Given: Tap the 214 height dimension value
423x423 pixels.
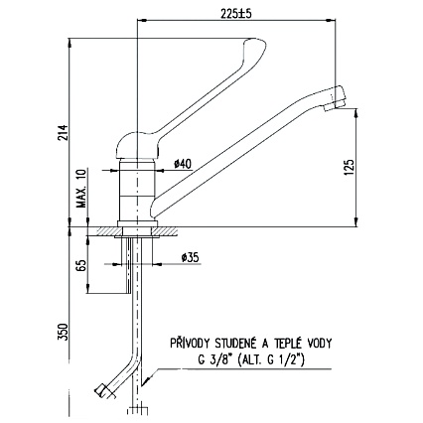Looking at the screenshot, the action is coord(63,132).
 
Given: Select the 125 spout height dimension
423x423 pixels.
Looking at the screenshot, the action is coord(350,168).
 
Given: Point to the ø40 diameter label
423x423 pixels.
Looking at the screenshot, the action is coord(183,164).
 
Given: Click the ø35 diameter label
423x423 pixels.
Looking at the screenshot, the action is coord(191,257).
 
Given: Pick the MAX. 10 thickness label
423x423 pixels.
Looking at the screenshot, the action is coord(81,188).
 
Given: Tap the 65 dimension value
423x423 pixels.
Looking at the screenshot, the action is coord(82,265).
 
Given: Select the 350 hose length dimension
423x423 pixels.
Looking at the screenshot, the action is coord(63,332).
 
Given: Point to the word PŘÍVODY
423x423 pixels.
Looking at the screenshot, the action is coord(190,344).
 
